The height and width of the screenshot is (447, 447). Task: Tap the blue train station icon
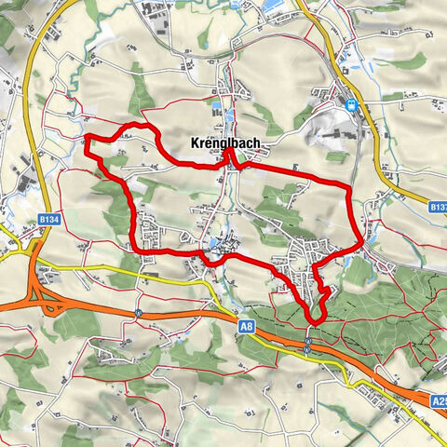pyautogui.click(x=353, y=104)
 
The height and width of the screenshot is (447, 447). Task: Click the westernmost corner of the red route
pyautogui.click(x=87, y=141)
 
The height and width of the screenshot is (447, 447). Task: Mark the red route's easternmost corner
pyautogui.click(x=361, y=241)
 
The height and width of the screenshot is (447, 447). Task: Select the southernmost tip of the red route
pyautogui.click(x=314, y=322)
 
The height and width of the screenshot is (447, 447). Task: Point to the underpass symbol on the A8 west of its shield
pyautogui.click(x=138, y=313)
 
